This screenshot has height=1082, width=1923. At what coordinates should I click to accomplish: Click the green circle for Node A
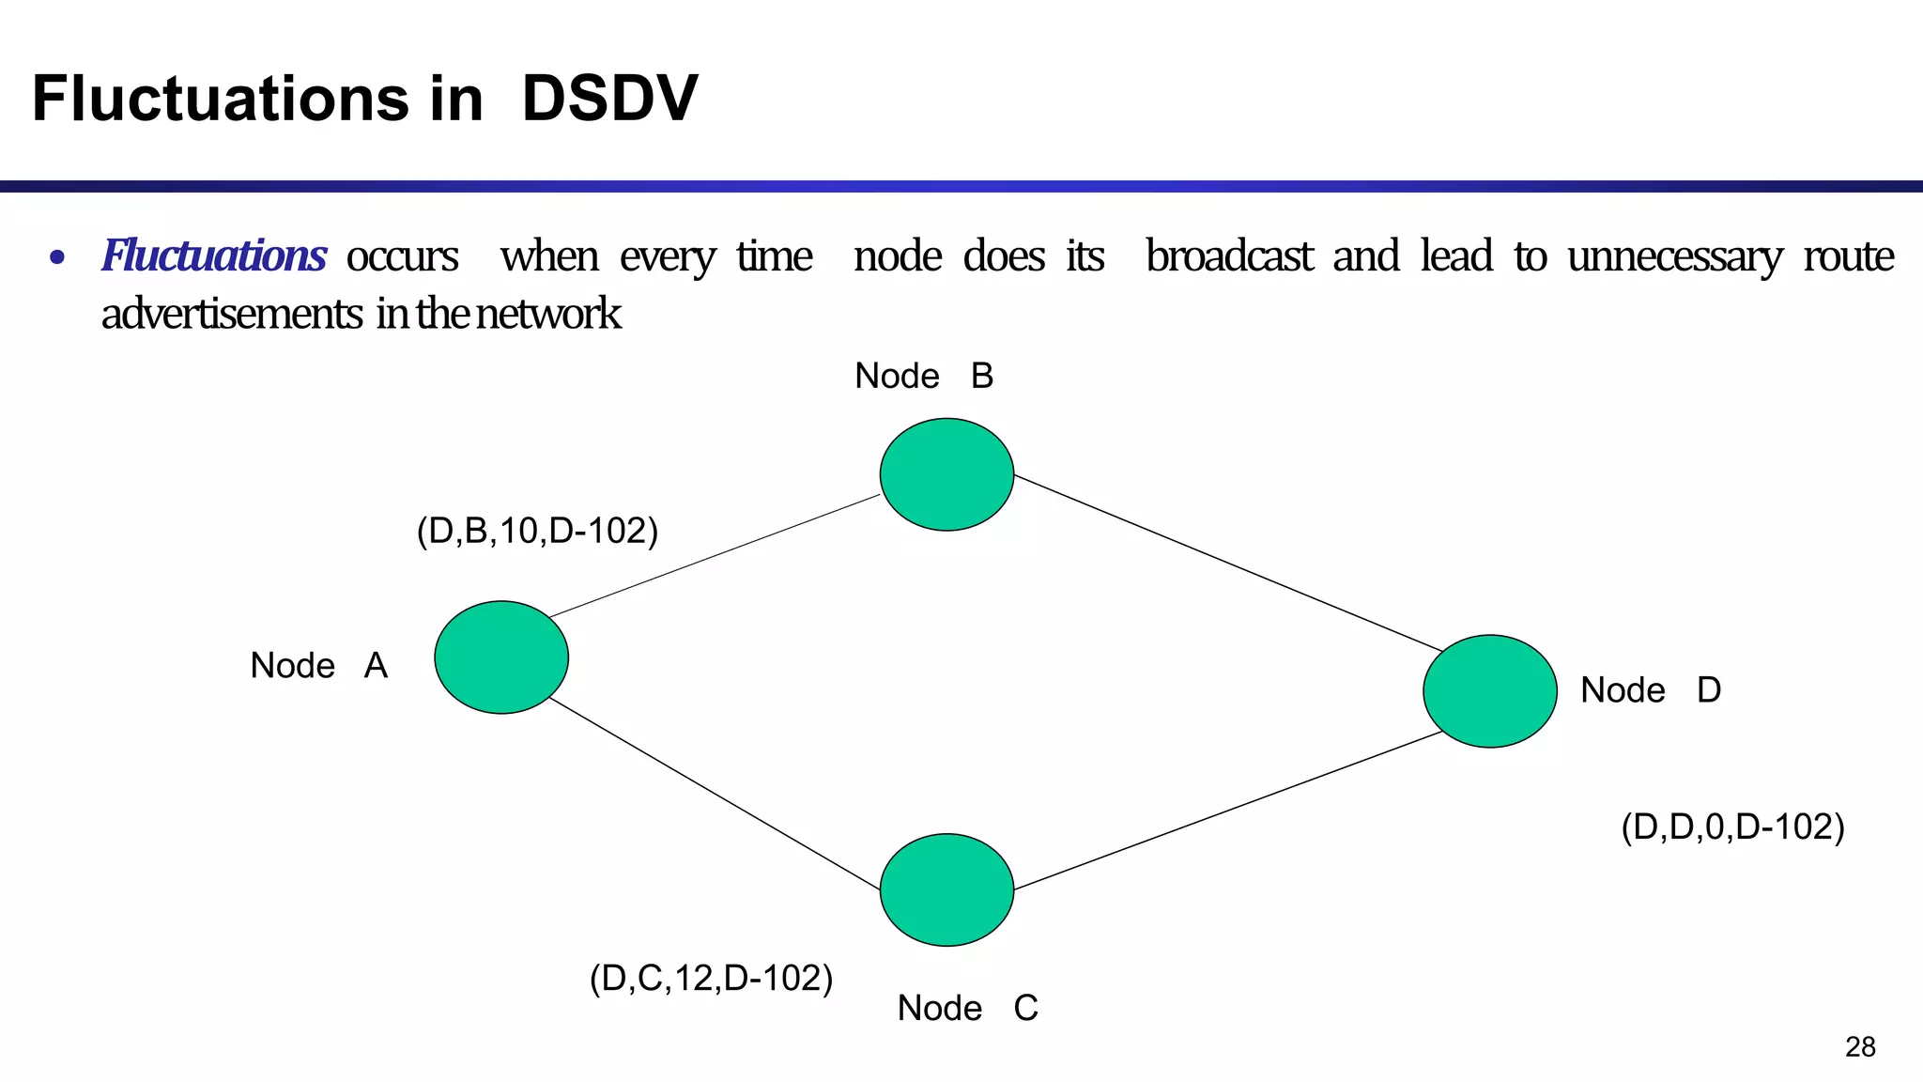[501, 657]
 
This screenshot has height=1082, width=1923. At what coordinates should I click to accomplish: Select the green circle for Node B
[946, 474]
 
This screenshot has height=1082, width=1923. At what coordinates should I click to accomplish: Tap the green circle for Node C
[946, 889]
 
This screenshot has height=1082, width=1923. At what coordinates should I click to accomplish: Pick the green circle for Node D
[1490, 691]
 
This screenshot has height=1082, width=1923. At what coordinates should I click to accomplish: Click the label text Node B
[924, 377]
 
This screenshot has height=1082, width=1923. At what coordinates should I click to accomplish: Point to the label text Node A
[318, 666]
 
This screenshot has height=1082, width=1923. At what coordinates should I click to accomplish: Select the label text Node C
[967, 1009]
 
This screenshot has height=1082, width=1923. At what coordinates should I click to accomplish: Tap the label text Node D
[1650, 690]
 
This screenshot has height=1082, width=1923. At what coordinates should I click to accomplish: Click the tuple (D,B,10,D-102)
[537, 532]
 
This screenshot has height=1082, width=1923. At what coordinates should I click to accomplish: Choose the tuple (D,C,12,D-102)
[711, 979]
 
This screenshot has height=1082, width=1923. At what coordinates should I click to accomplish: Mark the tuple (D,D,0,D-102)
[1732, 827]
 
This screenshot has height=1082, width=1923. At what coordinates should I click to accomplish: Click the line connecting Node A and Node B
[714, 556]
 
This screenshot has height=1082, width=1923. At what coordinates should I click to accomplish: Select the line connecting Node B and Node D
[1228, 564]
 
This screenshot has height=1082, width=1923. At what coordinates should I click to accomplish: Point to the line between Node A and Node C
[714, 794]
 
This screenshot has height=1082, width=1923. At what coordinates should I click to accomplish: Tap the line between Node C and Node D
[1228, 811]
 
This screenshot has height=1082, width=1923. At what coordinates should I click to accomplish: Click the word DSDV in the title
[609, 99]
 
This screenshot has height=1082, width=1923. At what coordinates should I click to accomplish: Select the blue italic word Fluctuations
[214, 256]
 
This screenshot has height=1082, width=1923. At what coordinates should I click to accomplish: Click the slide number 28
[1860, 1046]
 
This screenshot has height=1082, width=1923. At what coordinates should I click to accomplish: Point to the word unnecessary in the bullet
[1674, 256]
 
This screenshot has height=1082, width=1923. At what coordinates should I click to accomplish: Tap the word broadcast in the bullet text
[1228, 256]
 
